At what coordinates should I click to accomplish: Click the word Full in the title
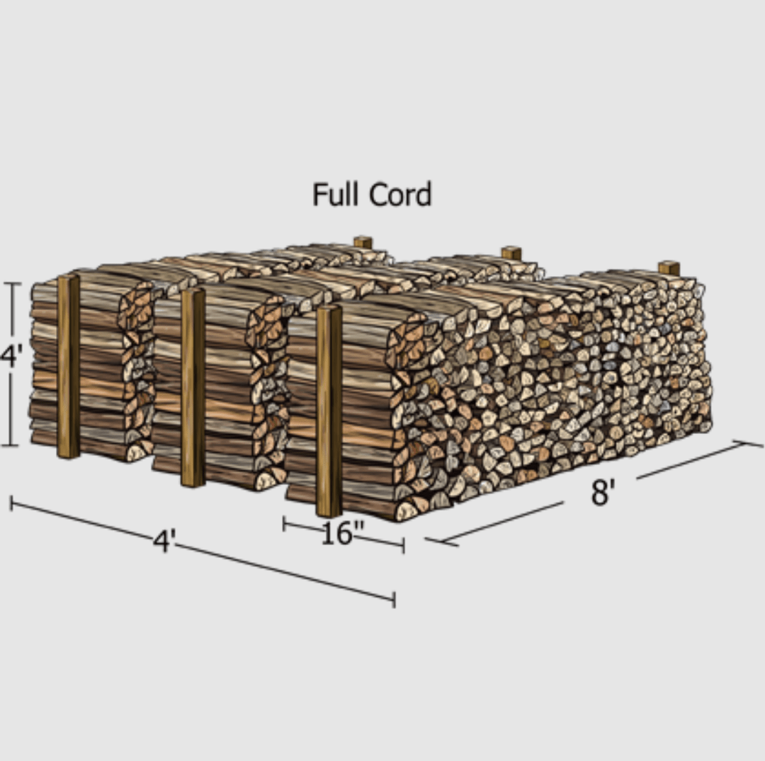[337, 194]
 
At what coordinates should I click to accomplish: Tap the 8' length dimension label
[601, 492]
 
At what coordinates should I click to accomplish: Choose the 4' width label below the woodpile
[164, 542]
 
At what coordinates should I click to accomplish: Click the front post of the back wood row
[69, 366]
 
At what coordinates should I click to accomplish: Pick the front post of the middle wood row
[193, 387]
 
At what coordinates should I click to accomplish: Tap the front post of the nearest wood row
[329, 411]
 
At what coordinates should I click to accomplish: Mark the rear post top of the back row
[363, 242]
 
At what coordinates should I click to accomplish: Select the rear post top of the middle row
[511, 253]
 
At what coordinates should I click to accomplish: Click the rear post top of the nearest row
[669, 268]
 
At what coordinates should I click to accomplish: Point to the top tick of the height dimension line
[11, 283]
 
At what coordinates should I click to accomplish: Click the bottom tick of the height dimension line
[11, 446]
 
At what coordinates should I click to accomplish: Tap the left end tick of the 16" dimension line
[284, 524]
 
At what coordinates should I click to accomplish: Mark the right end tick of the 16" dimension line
[403, 545]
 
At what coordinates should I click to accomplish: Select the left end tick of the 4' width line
[11, 503]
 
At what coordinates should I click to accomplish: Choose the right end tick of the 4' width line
[394, 600]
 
